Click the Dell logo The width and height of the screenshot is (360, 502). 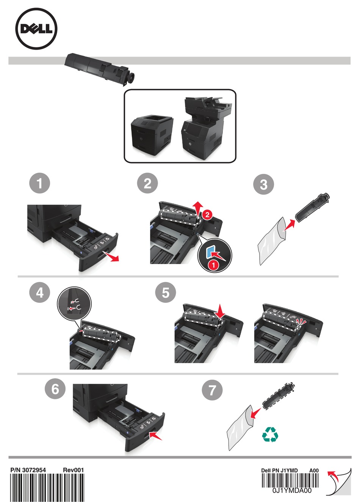[x=36, y=30]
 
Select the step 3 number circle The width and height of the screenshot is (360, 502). [x=263, y=185]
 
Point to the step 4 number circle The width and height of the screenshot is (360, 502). [x=40, y=292]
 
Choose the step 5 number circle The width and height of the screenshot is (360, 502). [x=166, y=292]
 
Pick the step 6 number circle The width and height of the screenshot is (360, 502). [x=55, y=389]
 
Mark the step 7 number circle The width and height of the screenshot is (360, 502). [x=212, y=390]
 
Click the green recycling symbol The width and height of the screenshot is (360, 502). [x=270, y=435]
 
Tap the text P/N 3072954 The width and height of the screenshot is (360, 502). [x=28, y=470]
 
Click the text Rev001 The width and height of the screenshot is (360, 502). [x=73, y=470]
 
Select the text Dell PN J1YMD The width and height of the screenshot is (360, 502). [x=279, y=471]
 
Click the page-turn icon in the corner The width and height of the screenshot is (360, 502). [x=338, y=481]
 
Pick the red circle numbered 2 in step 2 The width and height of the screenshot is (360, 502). [x=207, y=214]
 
